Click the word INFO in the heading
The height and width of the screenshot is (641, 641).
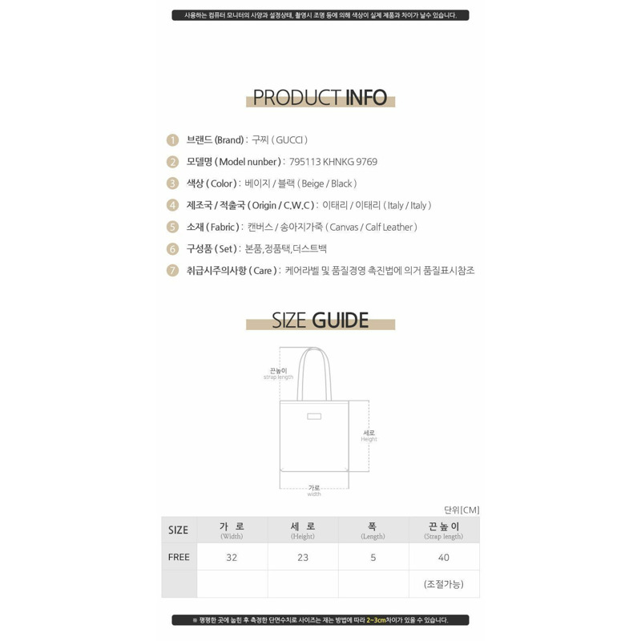(366, 98)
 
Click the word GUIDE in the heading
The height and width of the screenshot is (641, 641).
(341, 320)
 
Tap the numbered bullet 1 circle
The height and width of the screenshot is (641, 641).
(172, 140)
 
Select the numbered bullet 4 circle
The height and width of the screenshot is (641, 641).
(172, 205)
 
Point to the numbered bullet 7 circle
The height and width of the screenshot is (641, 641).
(172, 271)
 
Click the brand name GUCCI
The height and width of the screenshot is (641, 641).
(289, 140)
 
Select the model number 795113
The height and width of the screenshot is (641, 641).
(305, 162)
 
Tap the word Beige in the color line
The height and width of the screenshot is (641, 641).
(312, 183)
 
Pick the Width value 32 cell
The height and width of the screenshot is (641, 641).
(232, 557)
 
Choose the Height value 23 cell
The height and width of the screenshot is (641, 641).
(303, 557)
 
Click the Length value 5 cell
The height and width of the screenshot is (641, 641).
(373, 557)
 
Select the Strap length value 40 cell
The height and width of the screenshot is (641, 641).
(444, 557)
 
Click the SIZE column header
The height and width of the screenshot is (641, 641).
(179, 530)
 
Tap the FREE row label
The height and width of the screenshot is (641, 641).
(179, 557)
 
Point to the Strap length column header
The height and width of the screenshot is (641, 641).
(444, 530)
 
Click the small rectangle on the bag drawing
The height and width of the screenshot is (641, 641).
(314, 416)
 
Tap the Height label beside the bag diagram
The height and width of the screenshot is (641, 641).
(369, 439)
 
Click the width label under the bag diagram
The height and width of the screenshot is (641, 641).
(314, 494)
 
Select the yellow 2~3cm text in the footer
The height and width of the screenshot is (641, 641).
(376, 620)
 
